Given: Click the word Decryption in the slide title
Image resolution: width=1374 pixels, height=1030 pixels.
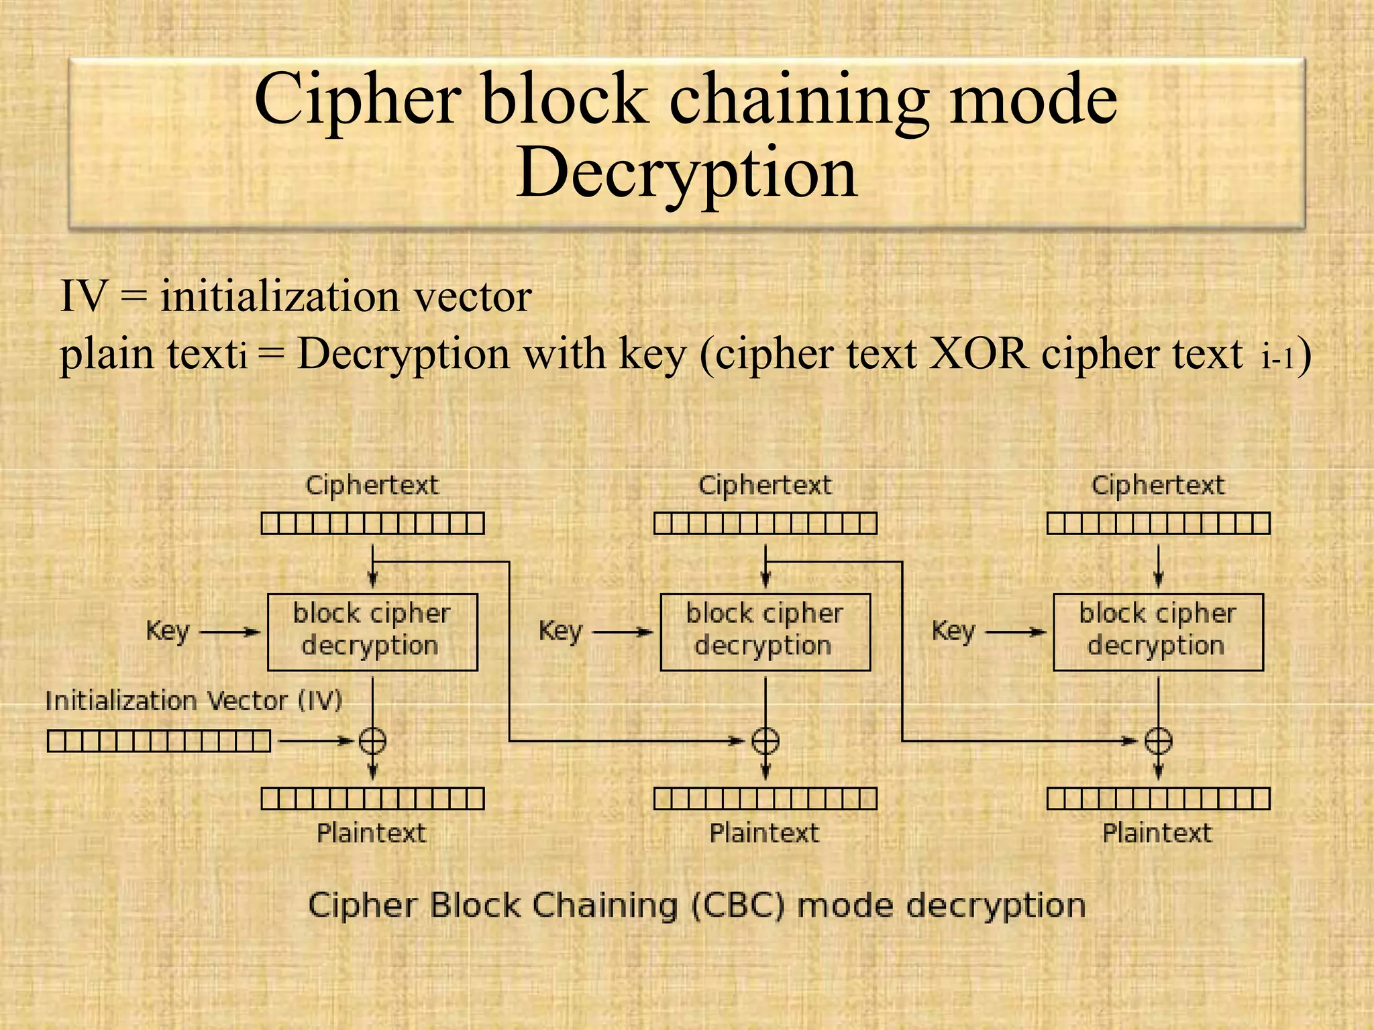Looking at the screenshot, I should pyautogui.click(x=686, y=173).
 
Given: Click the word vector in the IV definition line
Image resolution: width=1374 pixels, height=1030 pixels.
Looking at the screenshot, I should pyautogui.click(x=473, y=296).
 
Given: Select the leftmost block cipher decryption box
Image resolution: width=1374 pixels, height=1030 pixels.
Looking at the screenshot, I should pyautogui.click(x=372, y=632).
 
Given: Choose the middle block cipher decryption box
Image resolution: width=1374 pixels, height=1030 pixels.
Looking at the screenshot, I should pyautogui.click(x=765, y=632).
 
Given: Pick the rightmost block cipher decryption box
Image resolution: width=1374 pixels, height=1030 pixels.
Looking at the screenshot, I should pyautogui.click(x=1158, y=632).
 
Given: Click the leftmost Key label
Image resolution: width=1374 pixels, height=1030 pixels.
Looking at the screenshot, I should pyautogui.click(x=168, y=631).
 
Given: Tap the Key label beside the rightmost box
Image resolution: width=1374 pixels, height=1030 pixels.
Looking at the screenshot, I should pyautogui.click(x=953, y=631).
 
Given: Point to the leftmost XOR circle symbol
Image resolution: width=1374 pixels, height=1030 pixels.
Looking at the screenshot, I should pyautogui.click(x=372, y=741).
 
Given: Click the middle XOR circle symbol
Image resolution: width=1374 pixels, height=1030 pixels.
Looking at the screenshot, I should pyautogui.click(x=765, y=741).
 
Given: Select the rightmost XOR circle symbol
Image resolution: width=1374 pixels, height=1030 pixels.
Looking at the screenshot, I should pyautogui.click(x=1158, y=741).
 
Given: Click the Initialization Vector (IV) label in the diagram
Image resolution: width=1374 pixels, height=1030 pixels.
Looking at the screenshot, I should pyautogui.click(x=193, y=701).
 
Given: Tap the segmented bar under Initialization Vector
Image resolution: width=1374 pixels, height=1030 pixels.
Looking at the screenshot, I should pyautogui.click(x=159, y=741).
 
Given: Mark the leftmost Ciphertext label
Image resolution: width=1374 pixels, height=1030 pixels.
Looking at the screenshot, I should pyautogui.click(x=372, y=485).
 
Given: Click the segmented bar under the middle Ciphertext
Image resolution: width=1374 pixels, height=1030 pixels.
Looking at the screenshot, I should pyautogui.click(x=765, y=523).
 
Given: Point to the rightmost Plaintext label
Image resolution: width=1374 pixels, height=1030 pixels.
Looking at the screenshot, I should pyautogui.click(x=1157, y=834).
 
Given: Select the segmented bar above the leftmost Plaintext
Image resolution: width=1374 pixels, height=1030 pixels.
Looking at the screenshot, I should pyautogui.click(x=372, y=799).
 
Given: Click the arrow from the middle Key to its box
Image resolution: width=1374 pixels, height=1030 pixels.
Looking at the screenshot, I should pyautogui.click(x=622, y=632).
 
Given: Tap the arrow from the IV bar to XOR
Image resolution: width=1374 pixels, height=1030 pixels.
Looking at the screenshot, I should pyautogui.click(x=315, y=741).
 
